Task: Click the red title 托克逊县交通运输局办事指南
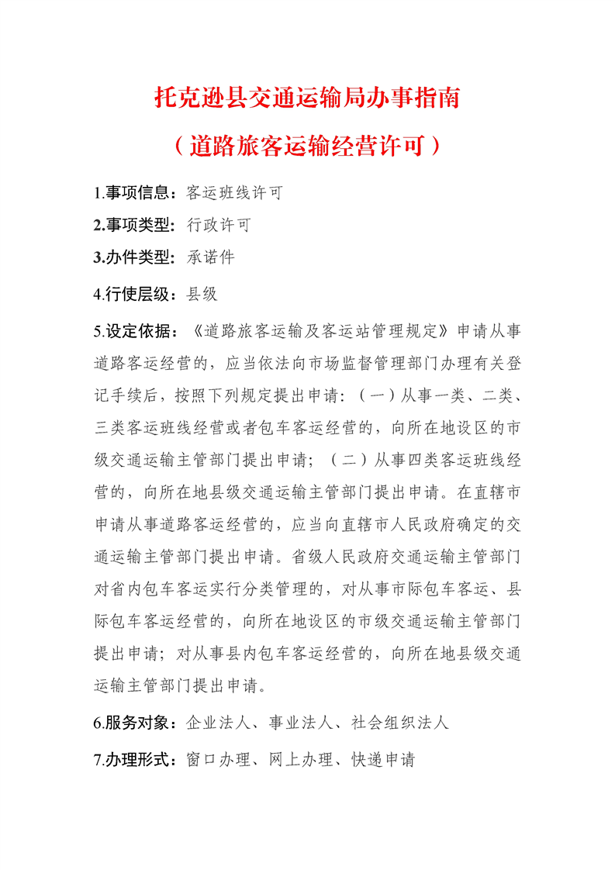(308, 98)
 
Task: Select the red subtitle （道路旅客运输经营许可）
(308, 145)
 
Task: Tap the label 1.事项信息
(135, 193)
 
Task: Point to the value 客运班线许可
(235, 193)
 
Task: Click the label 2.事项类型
(135, 225)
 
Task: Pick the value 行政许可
(219, 225)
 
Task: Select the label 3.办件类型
(135, 257)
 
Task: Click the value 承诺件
(211, 257)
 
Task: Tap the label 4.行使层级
(135, 294)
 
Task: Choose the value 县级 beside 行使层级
(202, 294)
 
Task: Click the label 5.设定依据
(135, 331)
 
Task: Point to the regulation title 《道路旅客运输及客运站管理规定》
(320, 331)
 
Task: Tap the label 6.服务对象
(135, 723)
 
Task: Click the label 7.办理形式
(135, 760)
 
